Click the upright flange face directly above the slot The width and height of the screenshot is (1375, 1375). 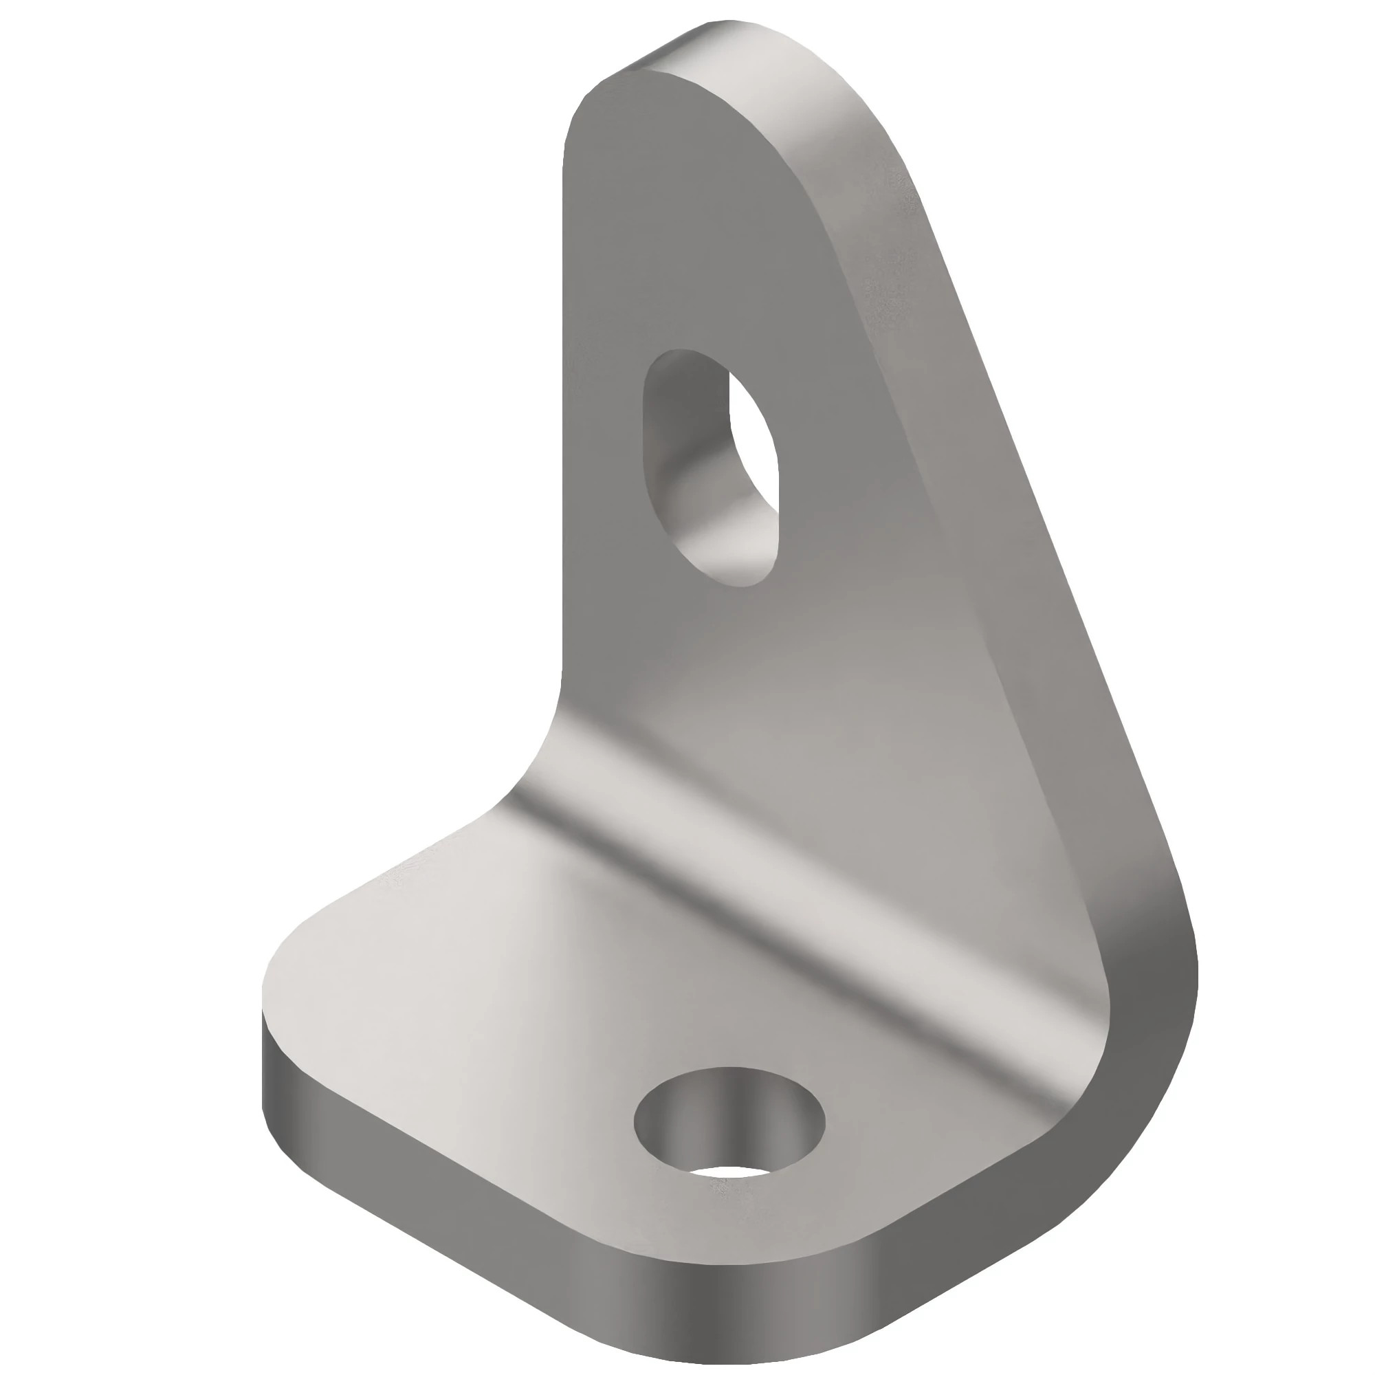[697, 249]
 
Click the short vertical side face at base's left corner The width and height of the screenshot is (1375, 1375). [267, 1068]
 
